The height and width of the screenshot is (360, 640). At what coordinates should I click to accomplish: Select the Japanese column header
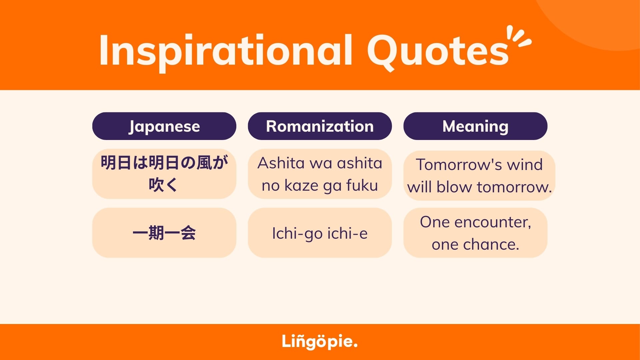[164, 126]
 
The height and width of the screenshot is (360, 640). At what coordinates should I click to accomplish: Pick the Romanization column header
[320, 126]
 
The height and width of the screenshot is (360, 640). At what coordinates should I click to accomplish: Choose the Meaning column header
[475, 126]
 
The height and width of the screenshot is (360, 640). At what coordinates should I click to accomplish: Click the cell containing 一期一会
[164, 233]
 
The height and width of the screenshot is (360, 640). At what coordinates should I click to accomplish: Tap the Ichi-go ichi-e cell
[320, 233]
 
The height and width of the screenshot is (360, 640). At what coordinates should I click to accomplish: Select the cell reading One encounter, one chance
[475, 233]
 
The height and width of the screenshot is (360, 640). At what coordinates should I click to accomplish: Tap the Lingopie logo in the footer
[320, 342]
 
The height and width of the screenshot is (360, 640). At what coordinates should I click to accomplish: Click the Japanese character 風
[204, 163]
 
